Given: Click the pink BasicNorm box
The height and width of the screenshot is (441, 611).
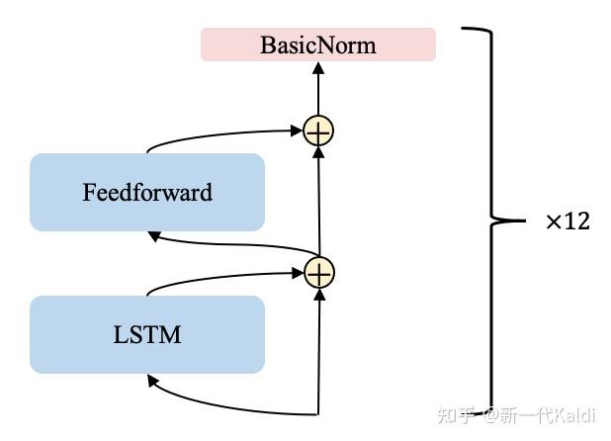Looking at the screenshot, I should pyautogui.click(x=317, y=44).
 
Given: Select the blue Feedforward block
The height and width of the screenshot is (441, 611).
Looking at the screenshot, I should pyautogui.click(x=147, y=192).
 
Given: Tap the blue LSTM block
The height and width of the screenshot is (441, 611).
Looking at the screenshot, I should pyautogui.click(x=147, y=334).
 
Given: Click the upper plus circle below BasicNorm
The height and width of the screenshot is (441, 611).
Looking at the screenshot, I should pyautogui.click(x=318, y=131).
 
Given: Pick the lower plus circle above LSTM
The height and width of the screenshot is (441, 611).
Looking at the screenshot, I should pyautogui.click(x=318, y=272).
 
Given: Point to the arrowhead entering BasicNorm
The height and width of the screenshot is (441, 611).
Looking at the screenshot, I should pyautogui.click(x=318, y=68).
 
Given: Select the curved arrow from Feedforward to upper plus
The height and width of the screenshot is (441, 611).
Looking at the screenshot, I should pyautogui.click(x=218, y=132).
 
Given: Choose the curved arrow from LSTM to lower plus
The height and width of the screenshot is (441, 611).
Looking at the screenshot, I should pyautogui.click(x=218, y=274).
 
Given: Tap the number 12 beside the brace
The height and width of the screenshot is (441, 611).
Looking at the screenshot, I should pyautogui.click(x=577, y=221).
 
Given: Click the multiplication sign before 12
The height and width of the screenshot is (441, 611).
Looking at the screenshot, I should pyautogui.click(x=554, y=222).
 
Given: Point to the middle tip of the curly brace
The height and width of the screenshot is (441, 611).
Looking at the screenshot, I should pyautogui.click(x=524, y=220).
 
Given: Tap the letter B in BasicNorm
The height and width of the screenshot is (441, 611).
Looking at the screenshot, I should pyautogui.click(x=268, y=45).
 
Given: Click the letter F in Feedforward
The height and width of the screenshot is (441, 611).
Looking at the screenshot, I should pyautogui.click(x=89, y=192).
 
